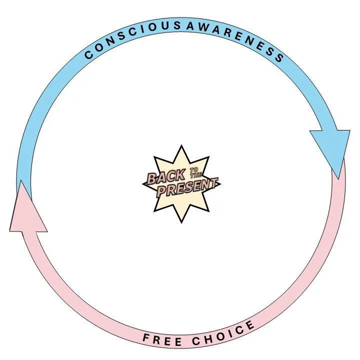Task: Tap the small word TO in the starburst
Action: tap(193, 171)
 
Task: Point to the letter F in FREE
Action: tap(146, 338)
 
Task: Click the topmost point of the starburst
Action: tap(181, 145)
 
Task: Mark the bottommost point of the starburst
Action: tap(181, 222)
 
